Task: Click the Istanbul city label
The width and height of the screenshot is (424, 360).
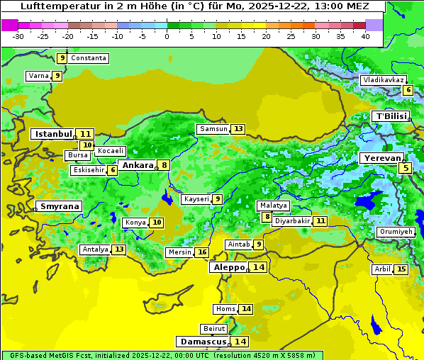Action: pyautogui.click(x=54, y=134)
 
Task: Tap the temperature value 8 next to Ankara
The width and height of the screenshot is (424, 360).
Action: pyautogui.click(x=164, y=165)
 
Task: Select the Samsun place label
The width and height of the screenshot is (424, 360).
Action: pyautogui.click(x=213, y=129)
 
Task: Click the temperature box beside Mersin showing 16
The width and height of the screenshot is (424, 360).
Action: pyautogui.click(x=202, y=252)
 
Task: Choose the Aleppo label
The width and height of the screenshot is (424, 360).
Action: pyautogui.click(x=228, y=267)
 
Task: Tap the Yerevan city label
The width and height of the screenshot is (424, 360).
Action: pyautogui.click(x=381, y=158)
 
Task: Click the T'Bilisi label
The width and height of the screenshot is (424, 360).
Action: pyautogui.click(x=391, y=116)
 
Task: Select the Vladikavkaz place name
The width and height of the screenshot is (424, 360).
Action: pyautogui.click(x=384, y=81)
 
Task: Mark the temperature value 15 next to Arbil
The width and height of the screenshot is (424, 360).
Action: pyautogui.click(x=401, y=269)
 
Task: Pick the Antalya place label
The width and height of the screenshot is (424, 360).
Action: pyautogui.click(x=95, y=249)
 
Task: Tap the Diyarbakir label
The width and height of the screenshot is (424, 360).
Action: pyautogui.click(x=292, y=221)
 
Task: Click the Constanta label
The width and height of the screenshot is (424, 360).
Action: pyautogui.click(x=89, y=58)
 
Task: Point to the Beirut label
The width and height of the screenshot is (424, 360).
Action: pyautogui.click(x=214, y=329)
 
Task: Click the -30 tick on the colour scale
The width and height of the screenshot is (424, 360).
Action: pyautogui.click(x=18, y=36)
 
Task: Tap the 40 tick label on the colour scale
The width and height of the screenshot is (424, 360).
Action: pyautogui.click(x=365, y=36)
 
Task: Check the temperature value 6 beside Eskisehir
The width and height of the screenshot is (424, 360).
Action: pyautogui.click(x=113, y=170)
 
